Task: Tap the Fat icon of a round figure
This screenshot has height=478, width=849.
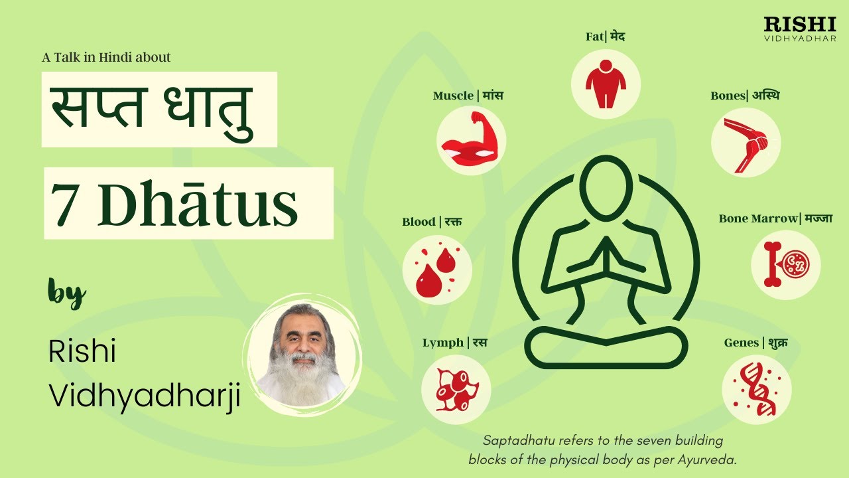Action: click(x=606, y=84)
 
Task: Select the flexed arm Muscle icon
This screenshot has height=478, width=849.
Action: click(x=471, y=141)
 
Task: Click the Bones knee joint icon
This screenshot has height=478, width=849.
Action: click(x=746, y=142)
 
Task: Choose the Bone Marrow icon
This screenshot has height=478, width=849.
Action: click(x=785, y=265)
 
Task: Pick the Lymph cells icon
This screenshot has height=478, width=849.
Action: click(x=456, y=389)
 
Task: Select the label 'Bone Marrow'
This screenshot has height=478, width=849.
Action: click(x=758, y=218)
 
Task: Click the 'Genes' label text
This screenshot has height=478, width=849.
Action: click(x=741, y=343)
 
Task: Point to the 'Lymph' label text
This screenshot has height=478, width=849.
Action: click(x=442, y=343)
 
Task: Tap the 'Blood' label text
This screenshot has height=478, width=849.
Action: click(x=419, y=222)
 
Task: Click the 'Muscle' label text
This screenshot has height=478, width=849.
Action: click(x=453, y=96)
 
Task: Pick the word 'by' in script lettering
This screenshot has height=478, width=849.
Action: click(x=66, y=292)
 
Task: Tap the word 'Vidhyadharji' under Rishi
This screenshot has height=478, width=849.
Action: click(x=144, y=397)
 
